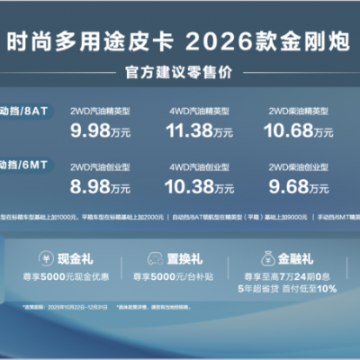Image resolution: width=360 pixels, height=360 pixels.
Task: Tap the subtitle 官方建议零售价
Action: pyautogui.click(x=181, y=71)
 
